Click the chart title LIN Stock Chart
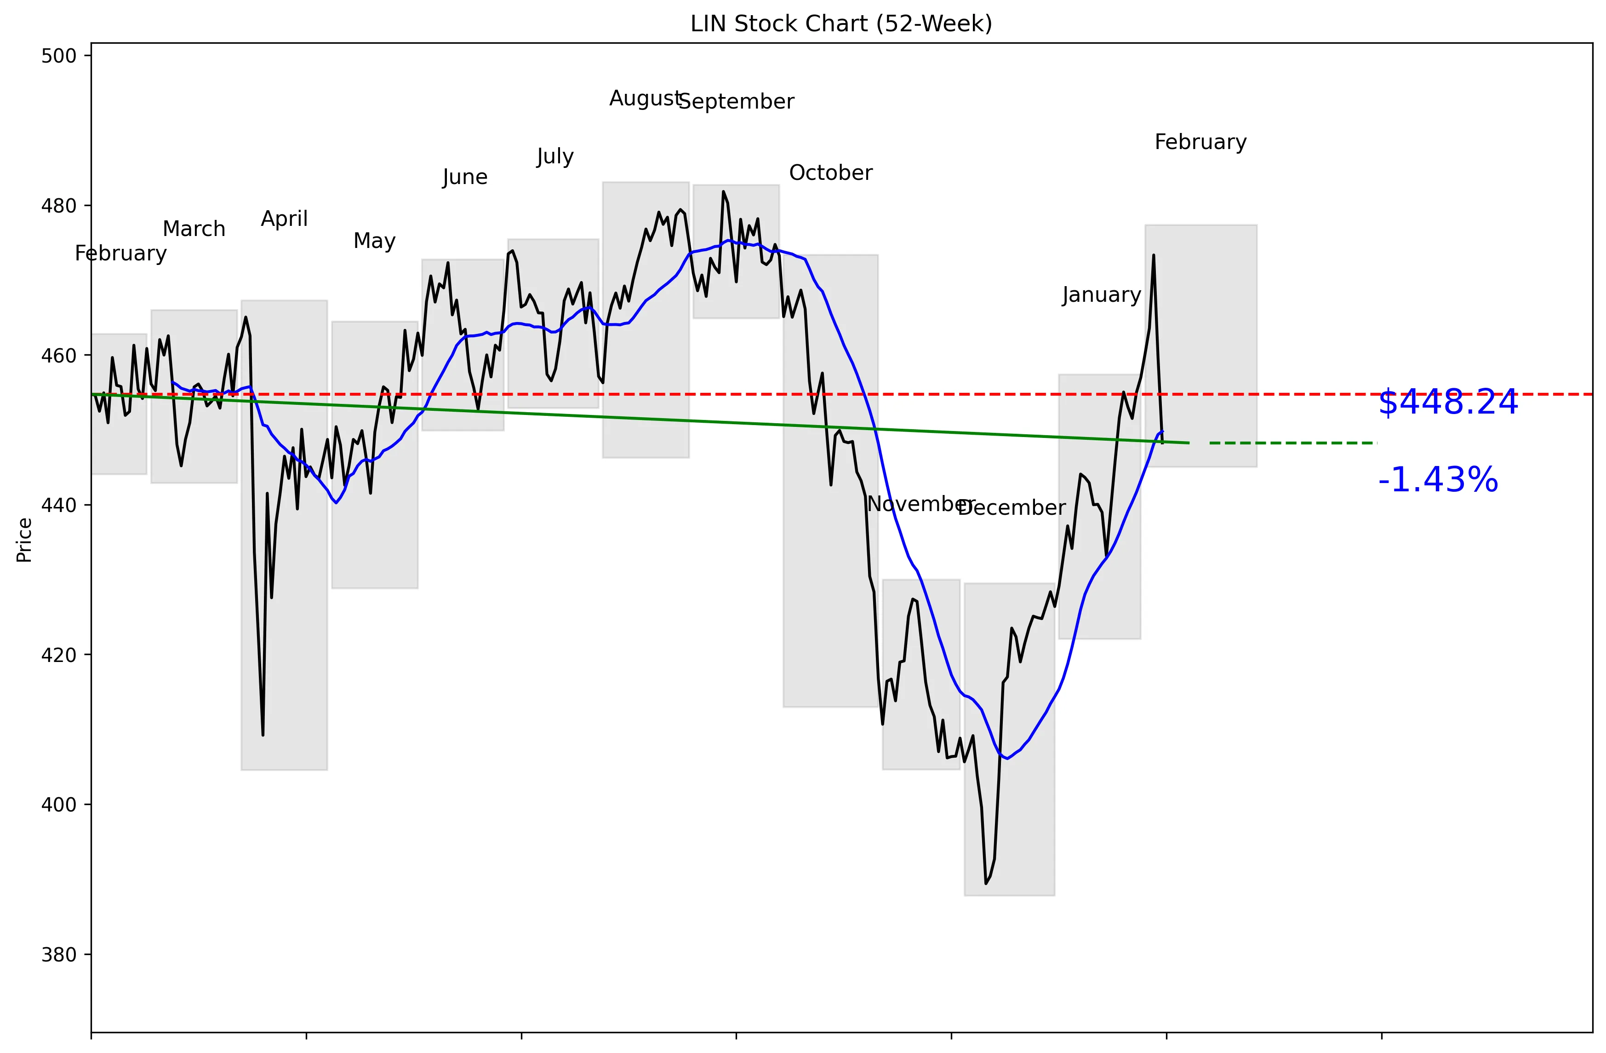pyautogui.click(x=841, y=24)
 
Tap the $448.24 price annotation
pyautogui.click(x=1447, y=403)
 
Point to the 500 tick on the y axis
pyautogui.click(x=59, y=56)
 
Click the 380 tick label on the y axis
pyautogui.click(x=59, y=955)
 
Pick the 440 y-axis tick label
pyautogui.click(x=59, y=505)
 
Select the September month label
pyautogui.click(x=736, y=102)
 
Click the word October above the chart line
pyautogui.click(x=831, y=173)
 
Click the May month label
pyautogui.click(x=375, y=241)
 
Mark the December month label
pyautogui.click(x=1012, y=507)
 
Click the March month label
pyautogui.click(x=194, y=230)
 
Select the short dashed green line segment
pyautogui.click(x=1292, y=443)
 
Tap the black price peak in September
pyautogui.click(x=723, y=192)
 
